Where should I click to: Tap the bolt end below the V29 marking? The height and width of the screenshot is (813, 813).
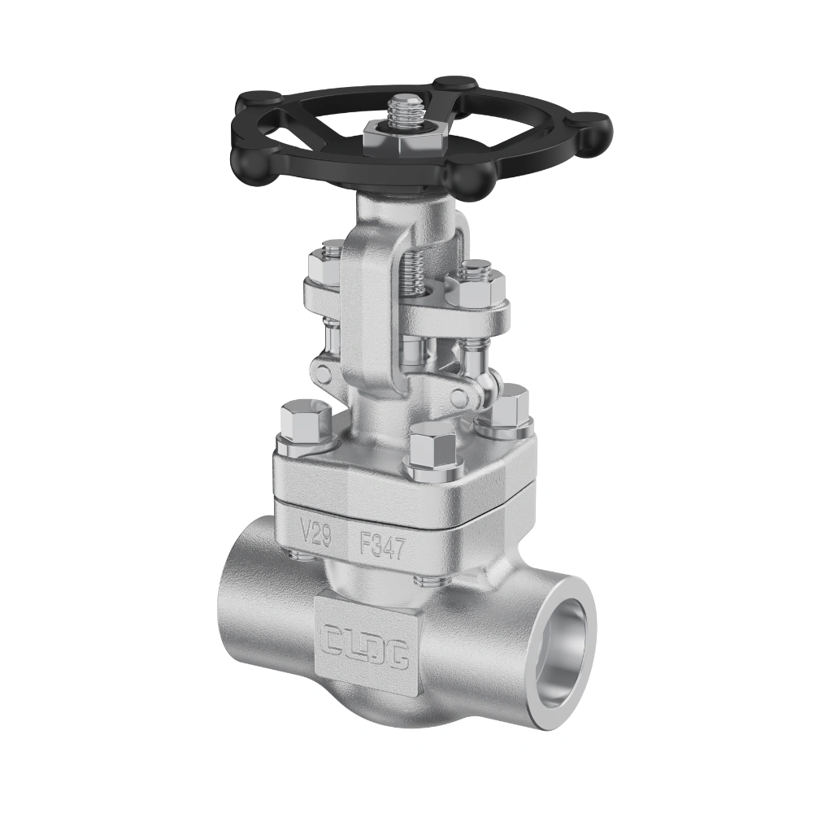click(299, 556)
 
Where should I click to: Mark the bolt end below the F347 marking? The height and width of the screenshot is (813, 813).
click(425, 580)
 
